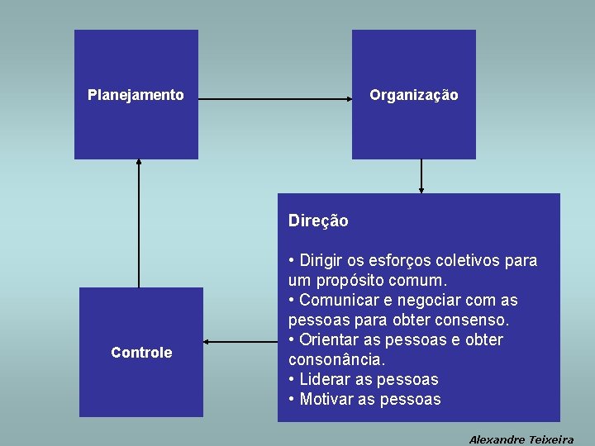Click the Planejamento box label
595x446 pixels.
[x=136, y=95]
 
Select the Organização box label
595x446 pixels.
[x=413, y=95]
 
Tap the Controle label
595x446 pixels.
[x=141, y=353]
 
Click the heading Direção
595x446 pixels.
[x=318, y=221]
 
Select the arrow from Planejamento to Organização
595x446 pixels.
[x=275, y=99]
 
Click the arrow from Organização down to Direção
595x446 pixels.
[x=421, y=176]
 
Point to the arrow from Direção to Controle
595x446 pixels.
[x=240, y=341]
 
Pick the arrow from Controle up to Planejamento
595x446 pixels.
[x=139, y=223]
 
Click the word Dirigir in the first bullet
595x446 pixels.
[x=321, y=261]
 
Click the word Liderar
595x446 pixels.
[x=324, y=380]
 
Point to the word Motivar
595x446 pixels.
[x=325, y=400]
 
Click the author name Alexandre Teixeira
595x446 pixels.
[x=521, y=439]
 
